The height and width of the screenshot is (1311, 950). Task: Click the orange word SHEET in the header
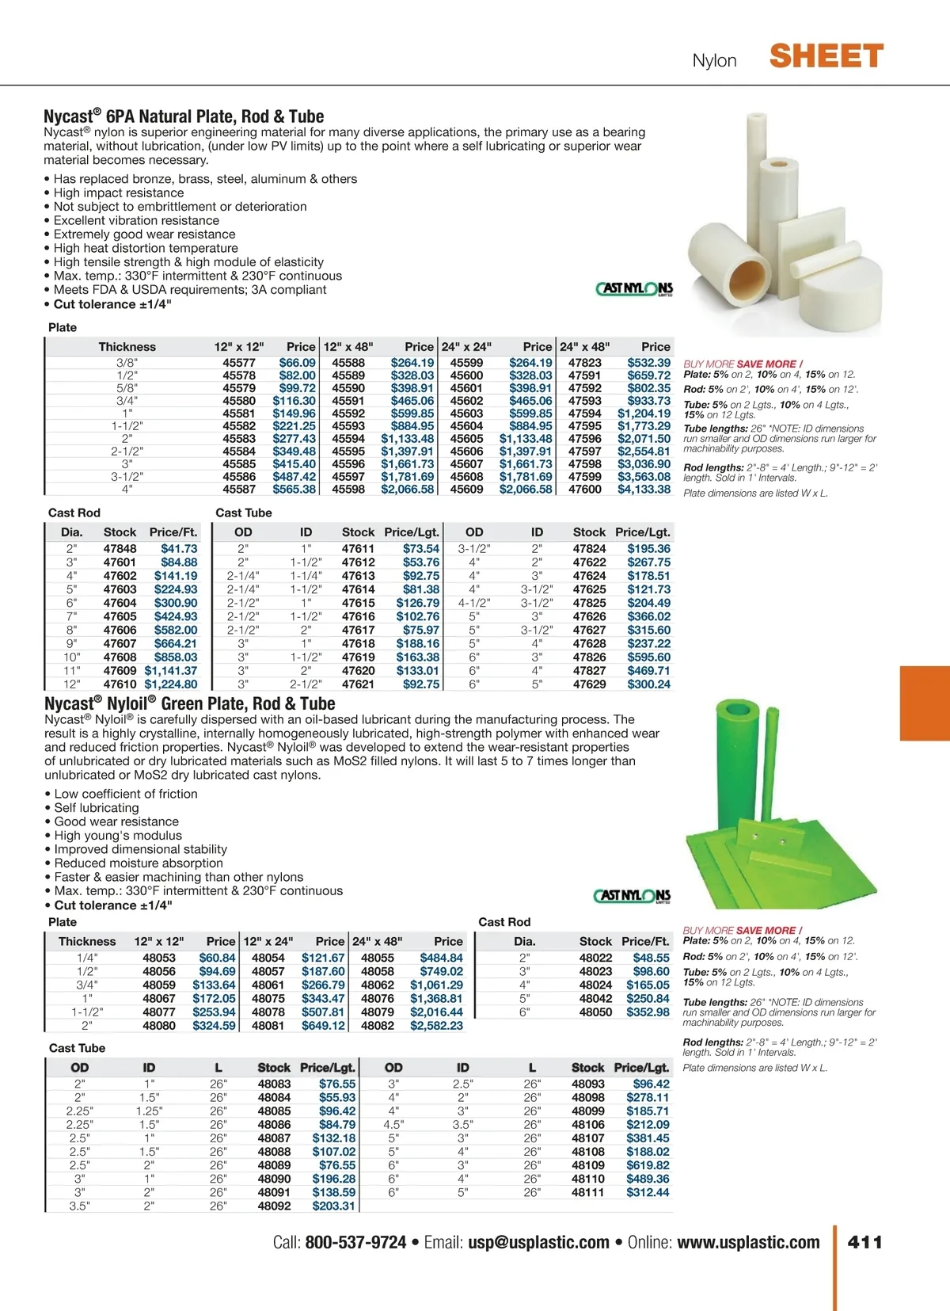click(826, 57)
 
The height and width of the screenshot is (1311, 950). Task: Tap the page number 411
click(864, 1242)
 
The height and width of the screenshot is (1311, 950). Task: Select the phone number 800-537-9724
click(355, 1242)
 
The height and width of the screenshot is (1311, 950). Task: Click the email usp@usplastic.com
click(538, 1242)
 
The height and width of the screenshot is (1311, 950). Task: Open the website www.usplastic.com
click(748, 1242)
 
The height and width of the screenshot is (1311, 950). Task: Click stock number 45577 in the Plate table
click(239, 363)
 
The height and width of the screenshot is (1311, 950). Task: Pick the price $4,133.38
click(644, 490)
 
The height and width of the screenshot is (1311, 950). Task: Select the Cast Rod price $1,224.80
click(171, 684)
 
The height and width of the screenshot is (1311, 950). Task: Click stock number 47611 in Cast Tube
click(358, 549)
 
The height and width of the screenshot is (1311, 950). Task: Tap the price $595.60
click(648, 657)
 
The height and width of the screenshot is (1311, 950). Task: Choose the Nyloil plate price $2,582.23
click(436, 1026)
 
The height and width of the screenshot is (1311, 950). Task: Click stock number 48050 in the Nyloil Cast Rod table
click(595, 1012)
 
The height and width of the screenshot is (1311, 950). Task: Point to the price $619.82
click(648, 1166)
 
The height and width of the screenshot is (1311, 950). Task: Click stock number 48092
click(274, 1206)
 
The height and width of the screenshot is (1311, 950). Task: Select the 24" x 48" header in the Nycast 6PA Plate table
click(584, 347)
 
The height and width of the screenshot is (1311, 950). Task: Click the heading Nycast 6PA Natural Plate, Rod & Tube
click(184, 116)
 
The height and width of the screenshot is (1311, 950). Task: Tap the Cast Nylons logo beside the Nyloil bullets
click(633, 896)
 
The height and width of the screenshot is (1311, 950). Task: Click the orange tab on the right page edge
click(925, 703)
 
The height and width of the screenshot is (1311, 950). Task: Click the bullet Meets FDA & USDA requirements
click(190, 290)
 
